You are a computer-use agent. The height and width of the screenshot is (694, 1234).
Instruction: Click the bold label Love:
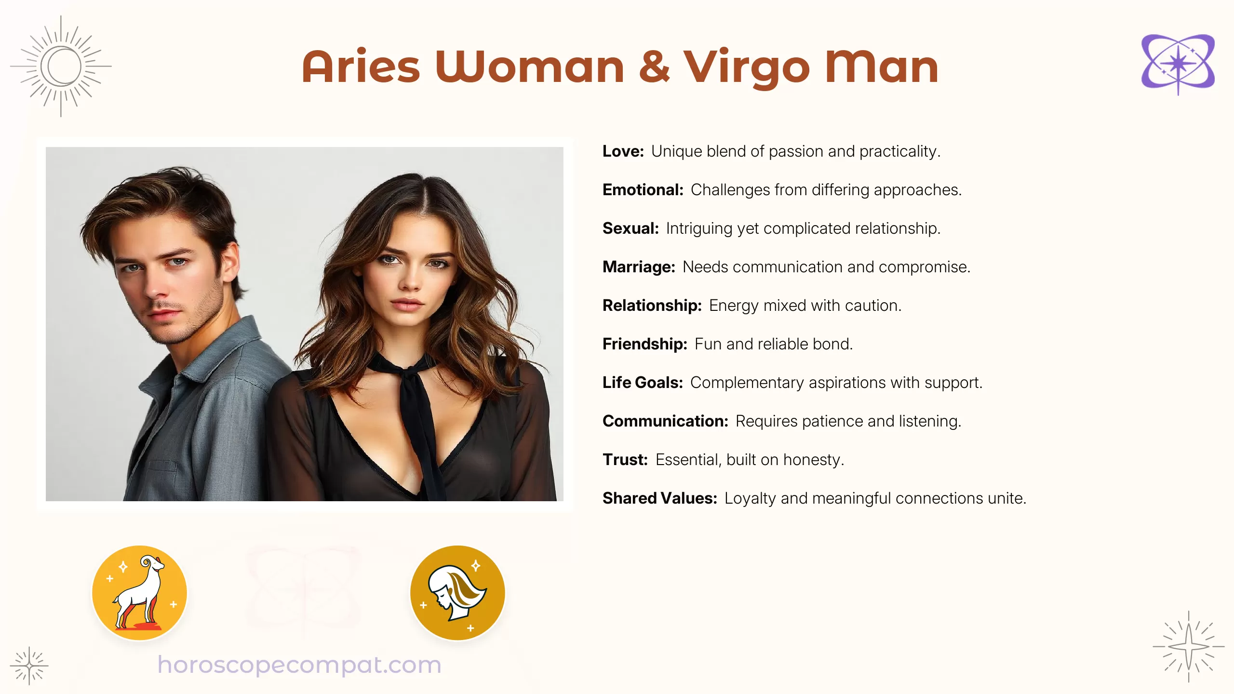coord(623,151)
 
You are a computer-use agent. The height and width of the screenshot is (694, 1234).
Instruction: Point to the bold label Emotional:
coord(643,190)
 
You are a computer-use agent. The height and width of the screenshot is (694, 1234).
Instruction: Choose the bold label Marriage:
coord(639,267)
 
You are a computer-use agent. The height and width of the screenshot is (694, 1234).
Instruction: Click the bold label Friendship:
coord(644,344)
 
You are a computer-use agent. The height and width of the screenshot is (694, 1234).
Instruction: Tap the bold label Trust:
coord(625,460)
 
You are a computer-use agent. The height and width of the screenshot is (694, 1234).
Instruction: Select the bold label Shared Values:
coord(659,498)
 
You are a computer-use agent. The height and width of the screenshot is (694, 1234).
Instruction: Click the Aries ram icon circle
coord(139,593)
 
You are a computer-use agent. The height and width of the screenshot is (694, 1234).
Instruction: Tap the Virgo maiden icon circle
coord(457,593)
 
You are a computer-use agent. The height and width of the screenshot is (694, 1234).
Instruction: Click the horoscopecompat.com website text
coord(299,665)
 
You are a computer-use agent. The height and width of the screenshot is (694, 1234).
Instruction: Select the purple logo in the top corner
coord(1178,63)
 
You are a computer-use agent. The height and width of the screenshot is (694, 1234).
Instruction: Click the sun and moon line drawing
coord(61,67)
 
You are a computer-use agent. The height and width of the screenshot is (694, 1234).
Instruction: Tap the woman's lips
coord(406,305)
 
